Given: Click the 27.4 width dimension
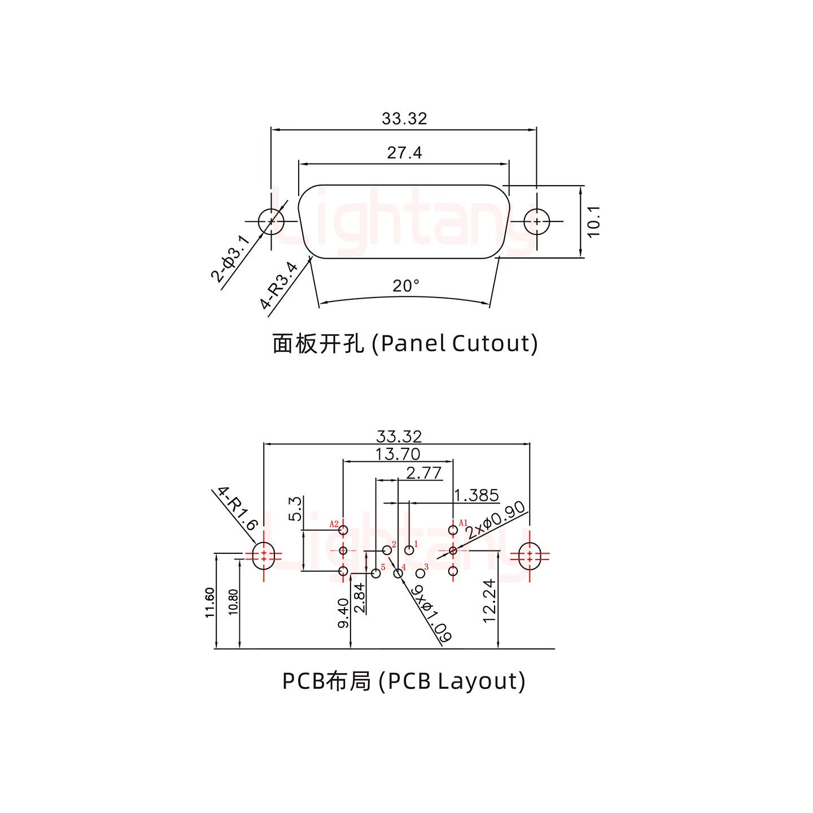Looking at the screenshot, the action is pos(404,153).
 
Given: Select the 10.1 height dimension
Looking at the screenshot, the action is pos(594,221).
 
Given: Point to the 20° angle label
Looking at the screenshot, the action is pos(406,286).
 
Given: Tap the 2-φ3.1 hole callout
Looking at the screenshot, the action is pos(230,259).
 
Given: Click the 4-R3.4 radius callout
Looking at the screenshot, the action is pos(279,286).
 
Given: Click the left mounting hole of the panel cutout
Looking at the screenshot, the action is pos(271,221).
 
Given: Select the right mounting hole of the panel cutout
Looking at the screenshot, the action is pos(536,221).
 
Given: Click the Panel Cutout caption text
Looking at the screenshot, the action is pos(405,343).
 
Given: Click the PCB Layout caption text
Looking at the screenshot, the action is pos(404,681).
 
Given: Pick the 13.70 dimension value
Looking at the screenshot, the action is pos(398,454).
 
